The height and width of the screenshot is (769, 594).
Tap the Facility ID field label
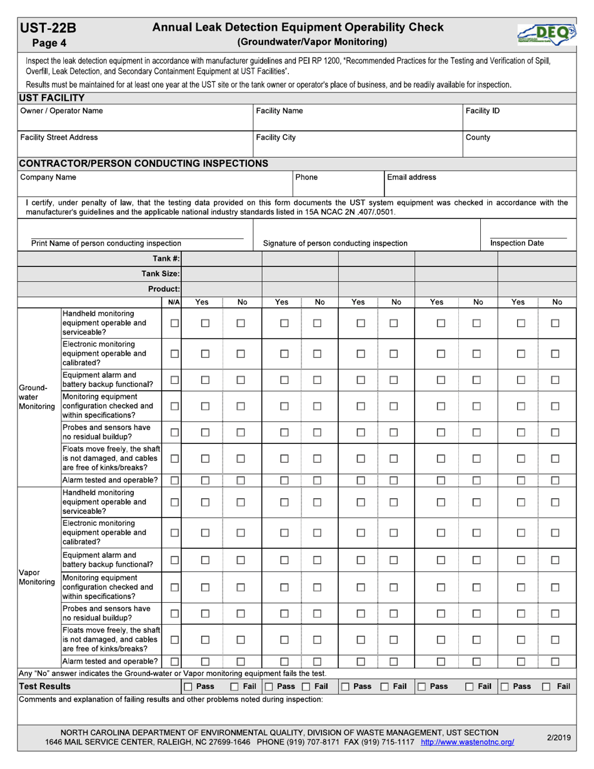(483, 111)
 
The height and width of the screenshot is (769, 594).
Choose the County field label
(478, 137)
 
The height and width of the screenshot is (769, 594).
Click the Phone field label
(306, 177)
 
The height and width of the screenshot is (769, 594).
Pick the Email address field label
(411, 177)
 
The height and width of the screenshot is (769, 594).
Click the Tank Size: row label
(161, 274)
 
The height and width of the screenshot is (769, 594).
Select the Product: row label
(164, 289)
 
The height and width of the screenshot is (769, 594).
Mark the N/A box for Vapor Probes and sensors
(175, 613)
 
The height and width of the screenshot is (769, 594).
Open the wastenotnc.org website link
(468, 742)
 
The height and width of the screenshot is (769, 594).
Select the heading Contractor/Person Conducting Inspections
(144, 163)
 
